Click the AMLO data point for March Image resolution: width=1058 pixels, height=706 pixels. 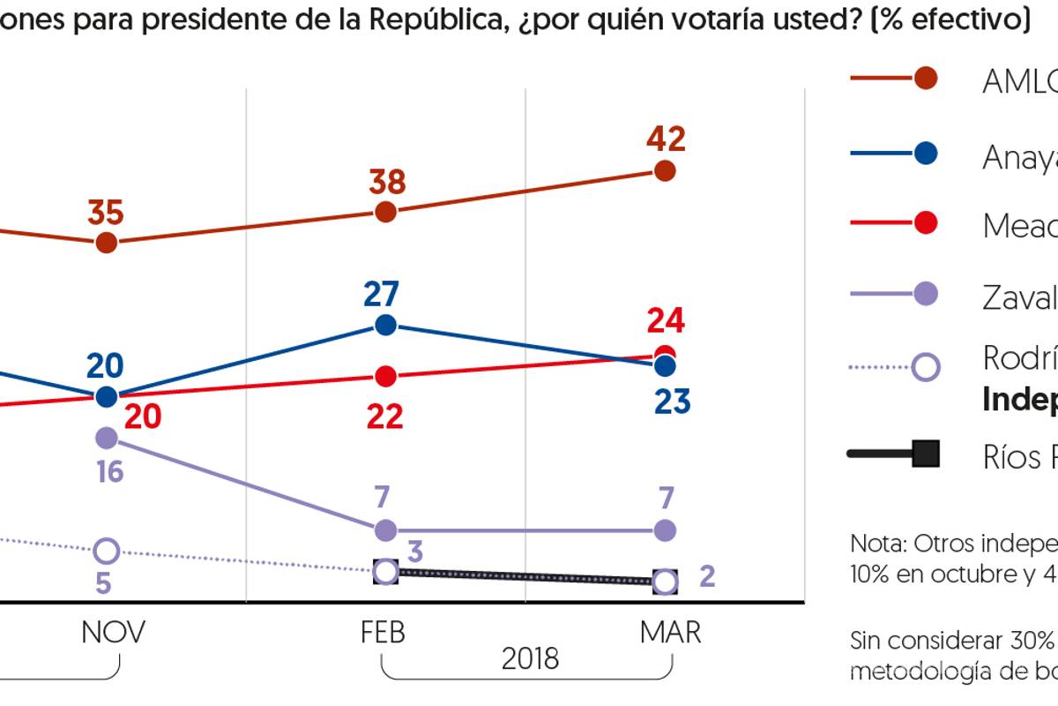(x=665, y=170)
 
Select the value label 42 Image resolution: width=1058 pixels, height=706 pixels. (x=665, y=139)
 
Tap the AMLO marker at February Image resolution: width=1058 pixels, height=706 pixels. (x=385, y=212)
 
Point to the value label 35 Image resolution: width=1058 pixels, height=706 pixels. (x=106, y=213)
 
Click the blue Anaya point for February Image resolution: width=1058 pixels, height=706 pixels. (x=385, y=325)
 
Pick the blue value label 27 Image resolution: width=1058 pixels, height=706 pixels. (x=382, y=293)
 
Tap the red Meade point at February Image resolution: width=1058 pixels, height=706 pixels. (x=385, y=376)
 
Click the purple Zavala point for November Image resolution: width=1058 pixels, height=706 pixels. (x=106, y=437)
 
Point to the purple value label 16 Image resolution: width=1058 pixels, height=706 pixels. (x=110, y=471)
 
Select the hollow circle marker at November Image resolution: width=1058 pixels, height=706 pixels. (x=106, y=551)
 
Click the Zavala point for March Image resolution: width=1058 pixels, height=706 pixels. (x=665, y=530)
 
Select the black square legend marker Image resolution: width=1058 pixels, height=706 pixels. (x=925, y=454)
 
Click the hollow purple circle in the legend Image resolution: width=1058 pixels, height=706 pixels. (x=925, y=366)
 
